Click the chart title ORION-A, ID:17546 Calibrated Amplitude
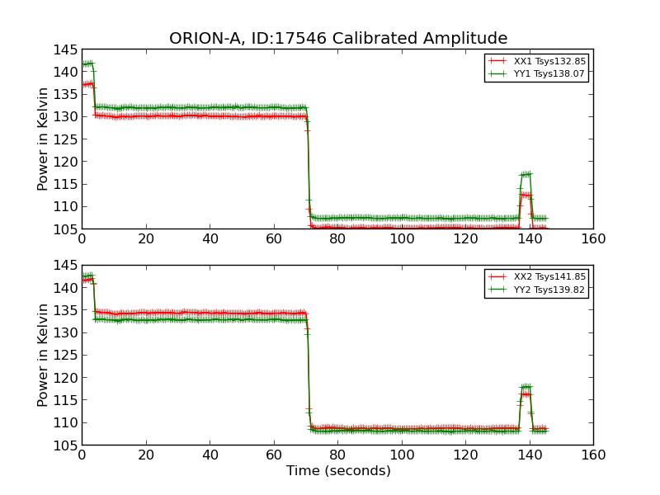(x=338, y=38)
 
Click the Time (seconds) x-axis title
(x=338, y=471)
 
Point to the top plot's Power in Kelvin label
(x=44, y=139)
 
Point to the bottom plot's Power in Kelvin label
(x=44, y=355)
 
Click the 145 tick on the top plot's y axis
(x=68, y=49)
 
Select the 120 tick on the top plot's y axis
(x=68, y=162)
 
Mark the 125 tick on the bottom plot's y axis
(x=68, y=356)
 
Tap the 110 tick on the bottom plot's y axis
(x=68, y=422)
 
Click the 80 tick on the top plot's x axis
(x=337, y=239)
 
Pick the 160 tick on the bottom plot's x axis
(x=592, y=455)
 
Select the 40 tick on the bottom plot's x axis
(x=210, y=455)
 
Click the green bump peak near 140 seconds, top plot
(x=526, y=174)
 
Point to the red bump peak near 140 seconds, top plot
(x=526, y=195)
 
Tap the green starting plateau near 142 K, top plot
(x=87, y=64)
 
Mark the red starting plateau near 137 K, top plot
(x=87, y=84)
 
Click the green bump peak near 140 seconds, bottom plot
(x=526, y=386)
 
